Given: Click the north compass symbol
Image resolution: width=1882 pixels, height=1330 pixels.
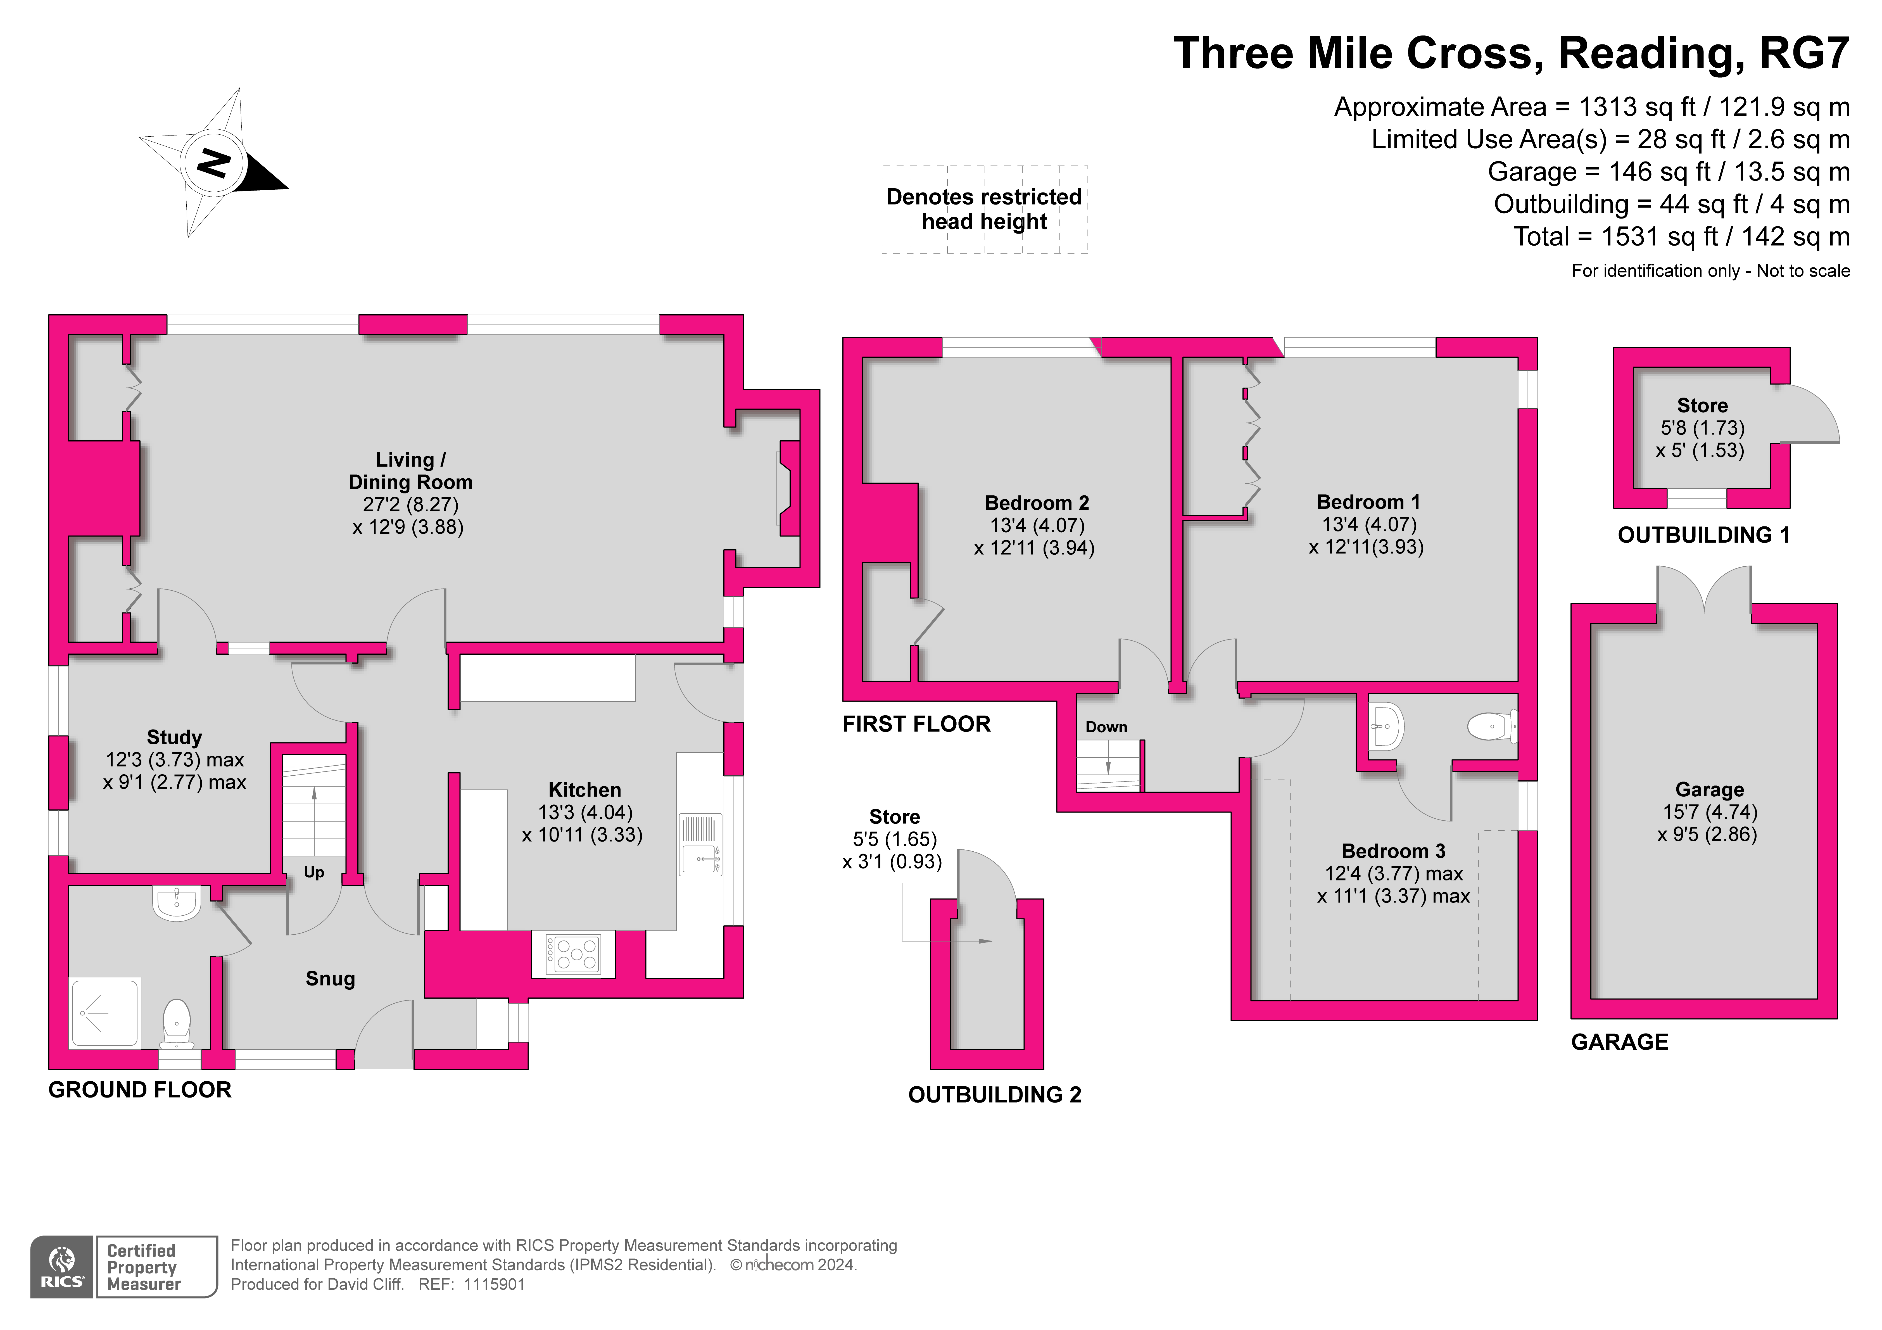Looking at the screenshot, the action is click(213, 162).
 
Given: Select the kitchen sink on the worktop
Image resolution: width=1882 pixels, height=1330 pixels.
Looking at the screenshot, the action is click(701, 845).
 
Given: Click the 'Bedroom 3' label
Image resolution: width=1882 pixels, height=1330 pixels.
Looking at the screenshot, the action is click(1393, 851).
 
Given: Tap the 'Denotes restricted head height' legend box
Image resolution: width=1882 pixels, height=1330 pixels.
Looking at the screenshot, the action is click(984, 210).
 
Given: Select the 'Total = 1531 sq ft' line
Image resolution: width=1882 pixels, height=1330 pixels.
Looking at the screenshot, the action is click(1681, 237).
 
